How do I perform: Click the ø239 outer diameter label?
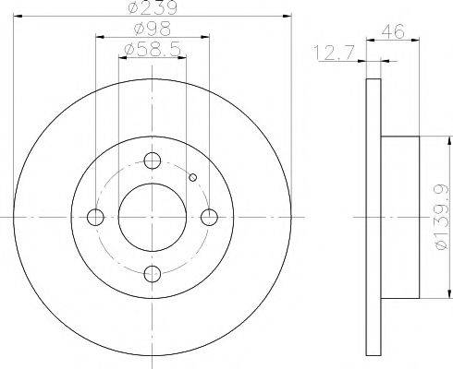click(x=153, y=10)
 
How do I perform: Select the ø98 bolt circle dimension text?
click(x=153, y=32)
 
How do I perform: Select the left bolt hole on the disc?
click(x=95, y=218)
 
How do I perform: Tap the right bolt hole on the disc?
click(x=210, y=218)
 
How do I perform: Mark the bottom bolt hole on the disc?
click(x=153, y=274)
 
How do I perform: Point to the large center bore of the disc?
click(x=153, y=218)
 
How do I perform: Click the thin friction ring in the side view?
click(x=373, y=218)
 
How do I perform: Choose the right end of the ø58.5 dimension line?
click(x=186, y=58)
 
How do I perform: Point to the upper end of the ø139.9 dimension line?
click(x=427, y=137)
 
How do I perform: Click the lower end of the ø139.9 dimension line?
click(x=427, y=299)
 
